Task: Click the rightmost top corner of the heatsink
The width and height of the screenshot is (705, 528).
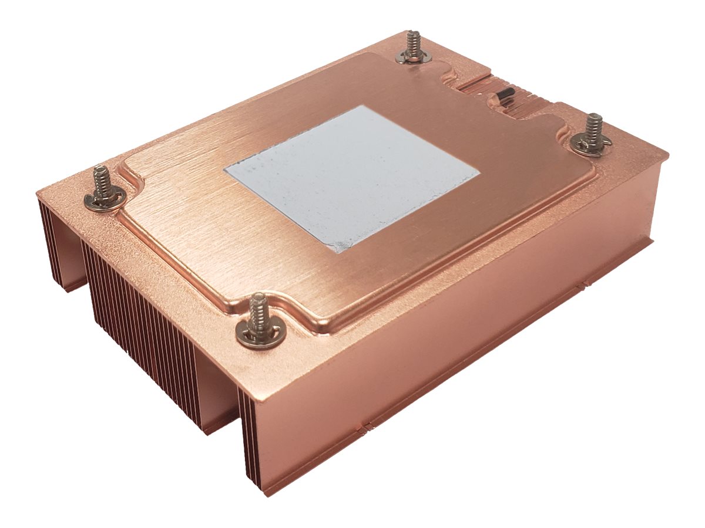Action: pos(667,154)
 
